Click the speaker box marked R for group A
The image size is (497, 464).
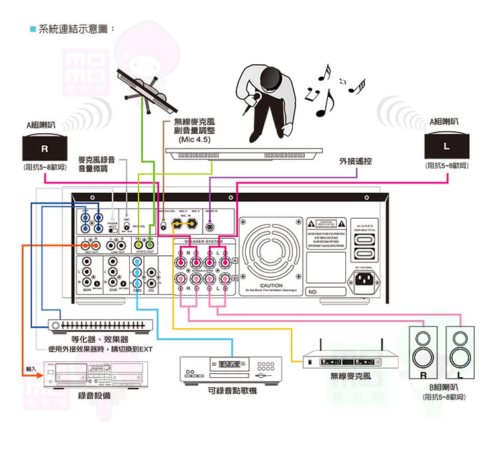tap(44, 146)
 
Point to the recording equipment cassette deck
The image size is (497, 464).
tap(95, 378)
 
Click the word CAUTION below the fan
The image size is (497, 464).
tap(272, 286)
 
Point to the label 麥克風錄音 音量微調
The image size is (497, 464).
tap(97, 164)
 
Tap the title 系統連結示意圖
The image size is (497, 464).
tap(76, 29)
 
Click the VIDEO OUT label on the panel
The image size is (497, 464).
tap(144, 253)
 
